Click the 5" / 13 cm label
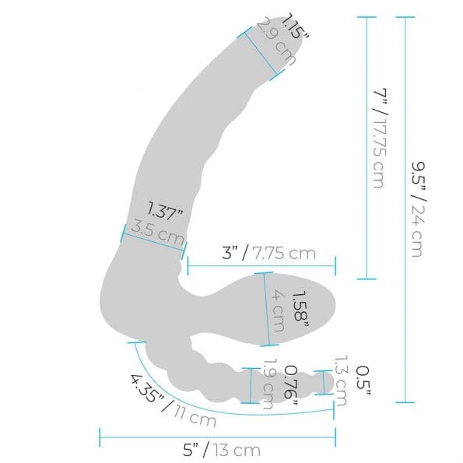(222, 449)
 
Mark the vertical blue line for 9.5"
(402, 209)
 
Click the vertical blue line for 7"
(365, 148)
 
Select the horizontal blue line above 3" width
(261, 265)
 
